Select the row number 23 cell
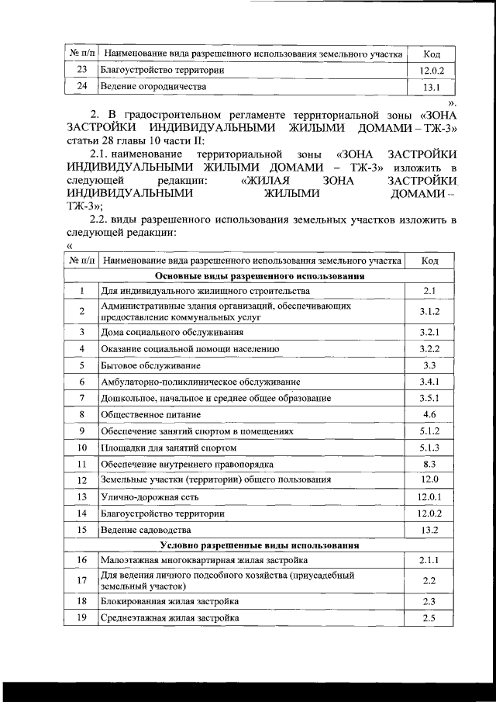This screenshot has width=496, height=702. [81, 71]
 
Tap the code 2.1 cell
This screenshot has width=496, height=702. [430, 291]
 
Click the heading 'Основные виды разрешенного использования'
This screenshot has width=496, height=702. [260, 275]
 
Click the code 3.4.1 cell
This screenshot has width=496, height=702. [430, 382]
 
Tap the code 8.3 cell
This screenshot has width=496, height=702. [430, 464]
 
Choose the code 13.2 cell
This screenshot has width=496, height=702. [430, 530]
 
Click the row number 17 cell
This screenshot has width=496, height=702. [81, 580]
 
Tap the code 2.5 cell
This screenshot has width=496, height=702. [430, 617]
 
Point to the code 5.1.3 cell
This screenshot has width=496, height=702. [430, 448]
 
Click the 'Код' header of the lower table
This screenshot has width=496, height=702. [430, 261]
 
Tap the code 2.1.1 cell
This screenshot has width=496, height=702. [430, 560]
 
